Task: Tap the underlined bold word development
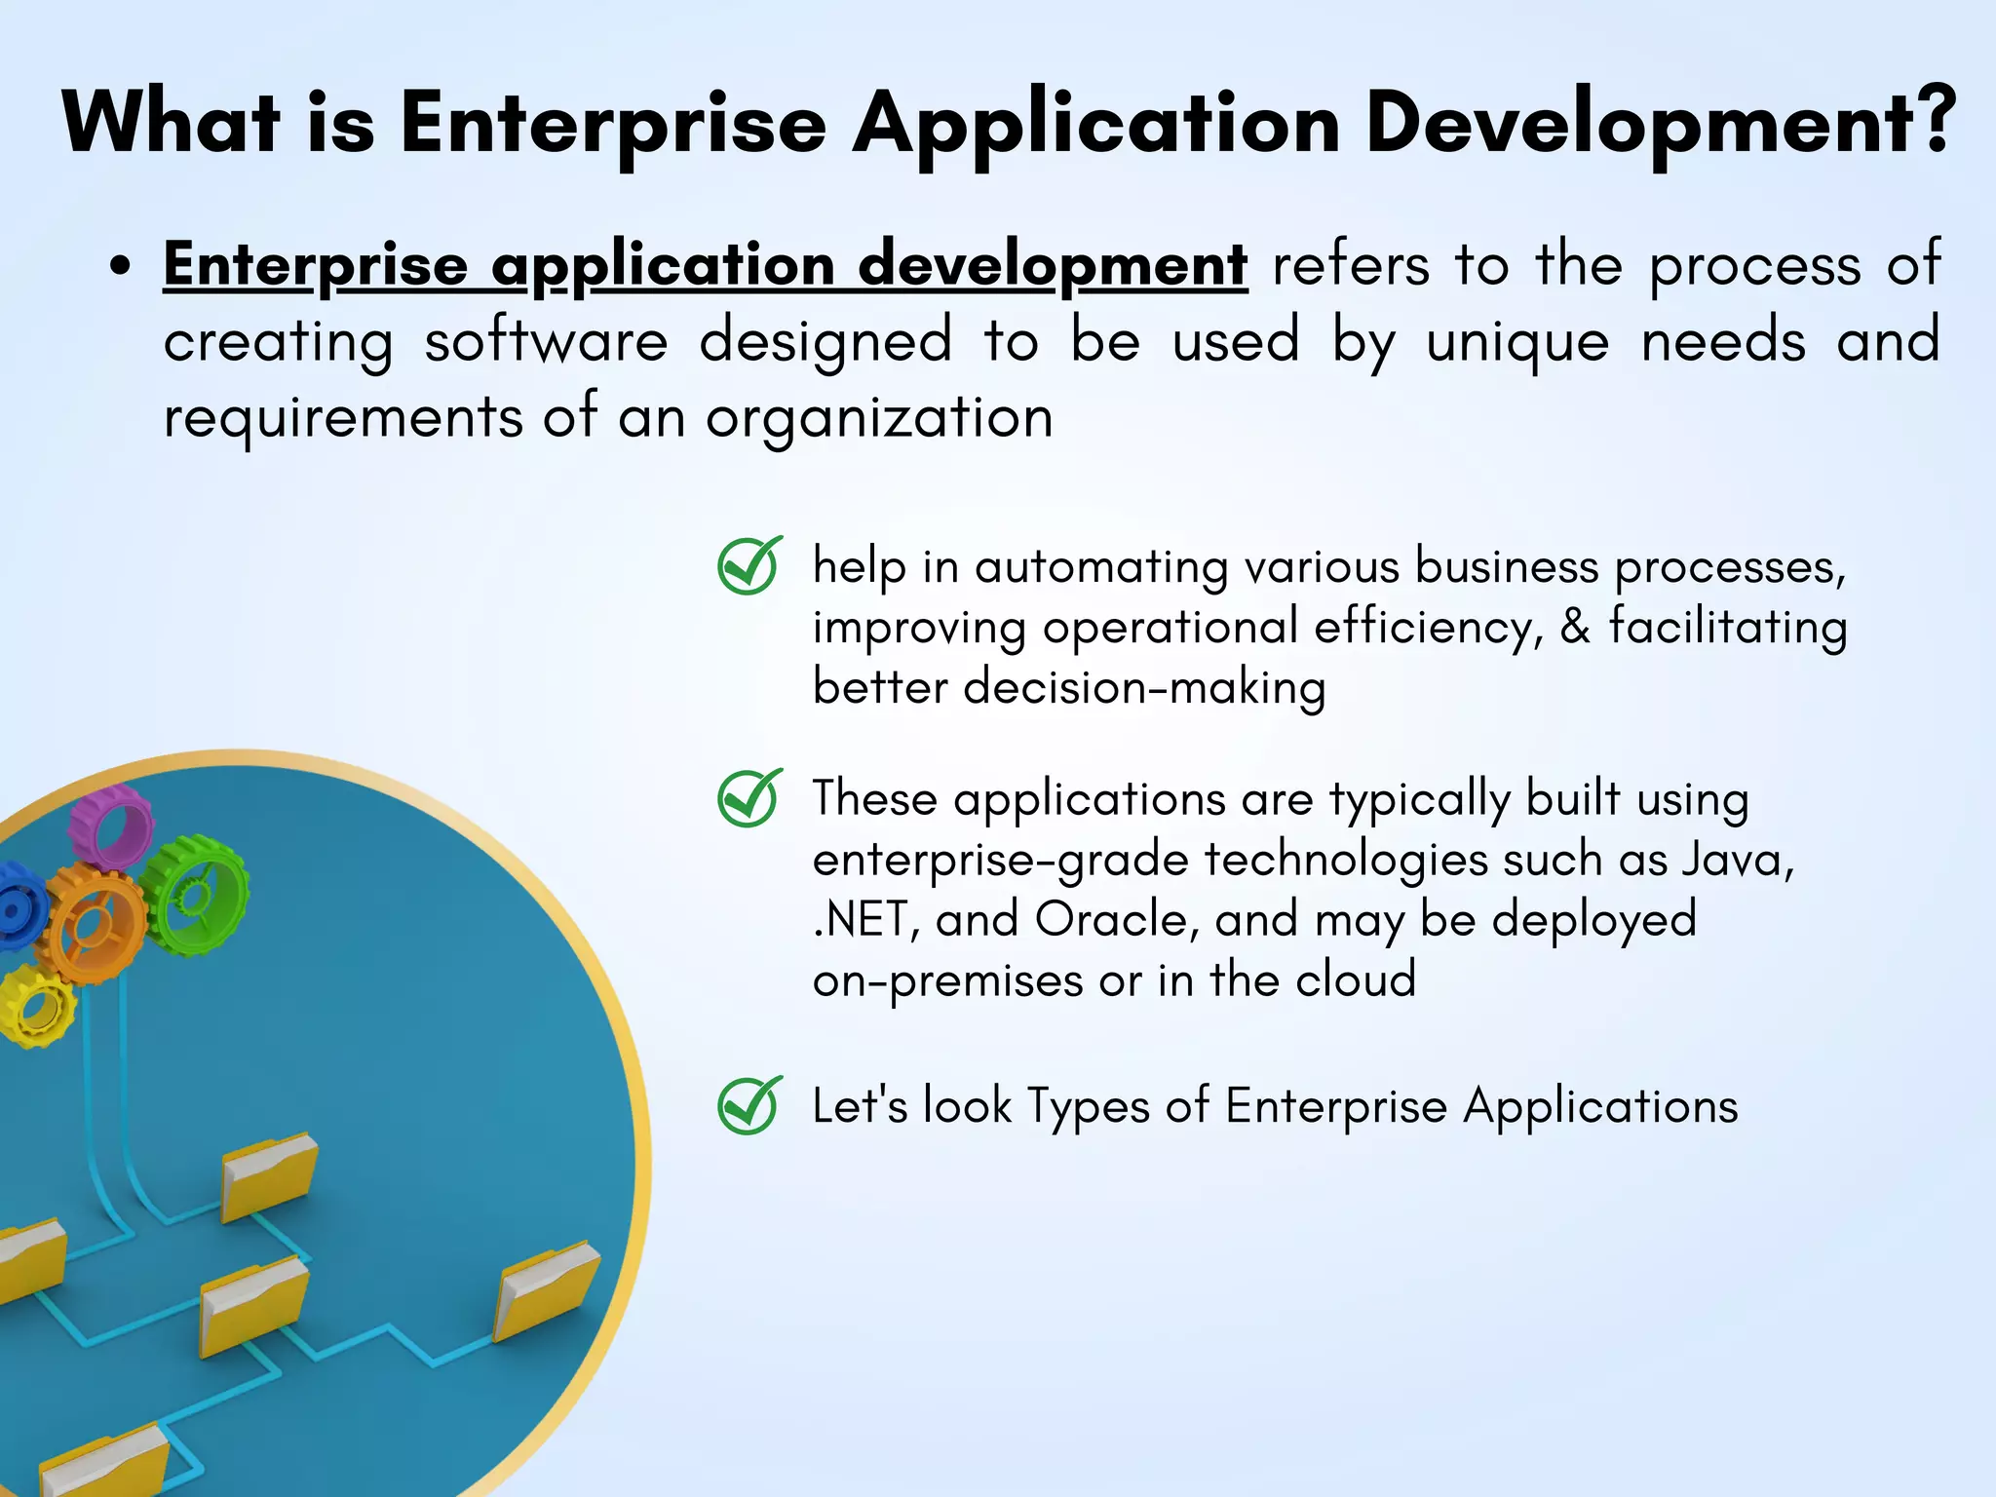tap(1053, 265)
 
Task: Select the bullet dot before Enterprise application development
tap(120, 266)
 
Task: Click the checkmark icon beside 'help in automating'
tap(748, 565)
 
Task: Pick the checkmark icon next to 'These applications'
tap(748, 798)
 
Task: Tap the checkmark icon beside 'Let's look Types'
tap(748, 1105)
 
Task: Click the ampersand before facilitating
tap(1575, 627)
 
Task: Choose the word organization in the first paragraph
tap(879, 418)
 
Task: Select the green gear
tap(195, 895)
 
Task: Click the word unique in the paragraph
tap(1517, 342)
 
